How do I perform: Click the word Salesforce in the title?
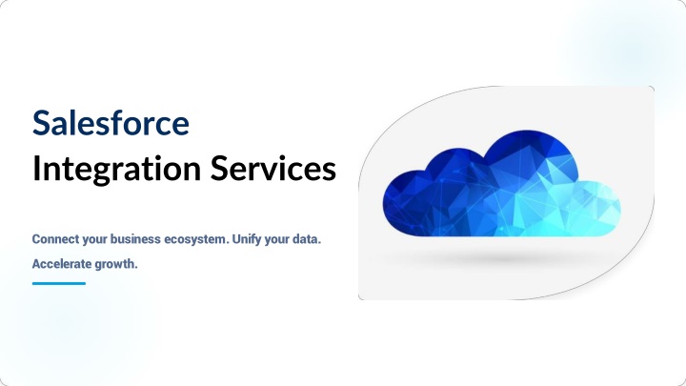point(111,123)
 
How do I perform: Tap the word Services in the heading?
point(273,168)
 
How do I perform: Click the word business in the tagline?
point(135,239)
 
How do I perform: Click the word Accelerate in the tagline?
point(61,264)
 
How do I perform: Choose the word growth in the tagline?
point(116,264)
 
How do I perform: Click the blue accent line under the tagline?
point(59,283)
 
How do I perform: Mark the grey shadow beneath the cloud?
point(503,258)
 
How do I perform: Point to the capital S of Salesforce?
point(41,123)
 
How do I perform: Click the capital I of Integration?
point(36,168)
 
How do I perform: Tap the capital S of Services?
point(218,168)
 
